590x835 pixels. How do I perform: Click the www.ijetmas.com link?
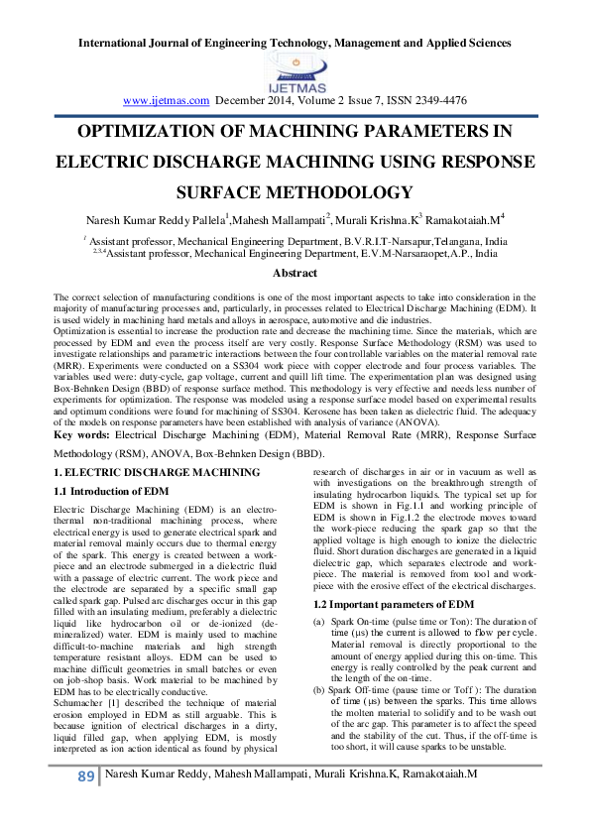tap(166, 100)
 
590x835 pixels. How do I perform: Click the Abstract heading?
tap(295, 274)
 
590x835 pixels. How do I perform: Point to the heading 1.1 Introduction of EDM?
tap(109, 492)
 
